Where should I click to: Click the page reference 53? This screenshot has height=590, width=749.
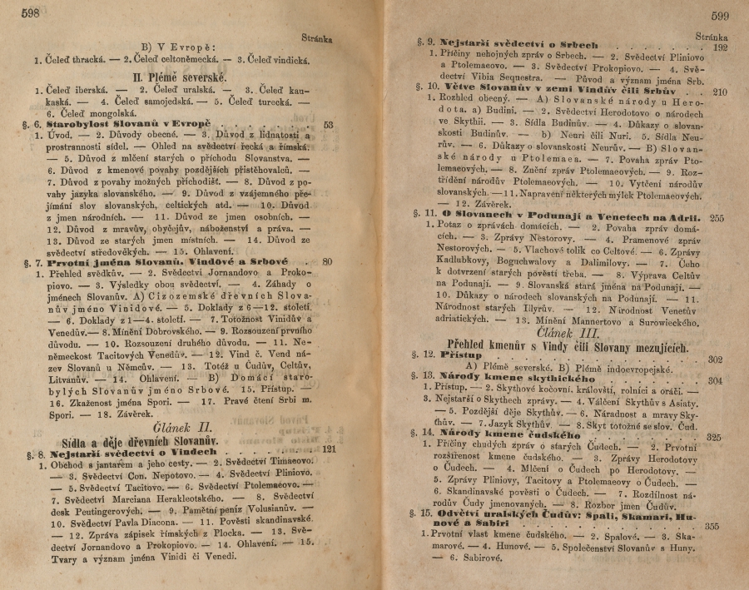[x=327, y=125]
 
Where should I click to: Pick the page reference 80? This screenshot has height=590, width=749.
[x=327, y=262]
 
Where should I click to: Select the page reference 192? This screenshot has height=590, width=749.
[x=721, y=48]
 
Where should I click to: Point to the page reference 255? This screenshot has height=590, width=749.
[x=719, y=218]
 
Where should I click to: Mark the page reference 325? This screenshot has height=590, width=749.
[x=714, y=436]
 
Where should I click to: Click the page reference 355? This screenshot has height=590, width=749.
[x=712, y=526]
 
